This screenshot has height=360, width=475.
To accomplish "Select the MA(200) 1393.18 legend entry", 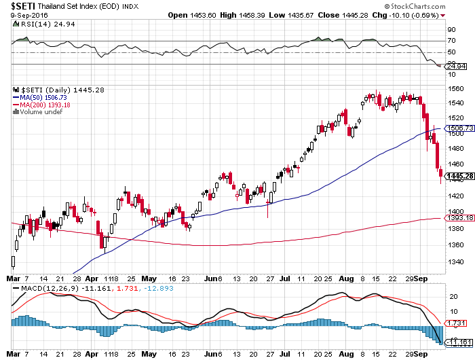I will [45, 105].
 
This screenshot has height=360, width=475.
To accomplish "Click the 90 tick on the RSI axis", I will [451, 30].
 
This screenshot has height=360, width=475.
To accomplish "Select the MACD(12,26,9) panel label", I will [41, 289].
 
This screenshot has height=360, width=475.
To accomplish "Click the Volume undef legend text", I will [41, 111].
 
